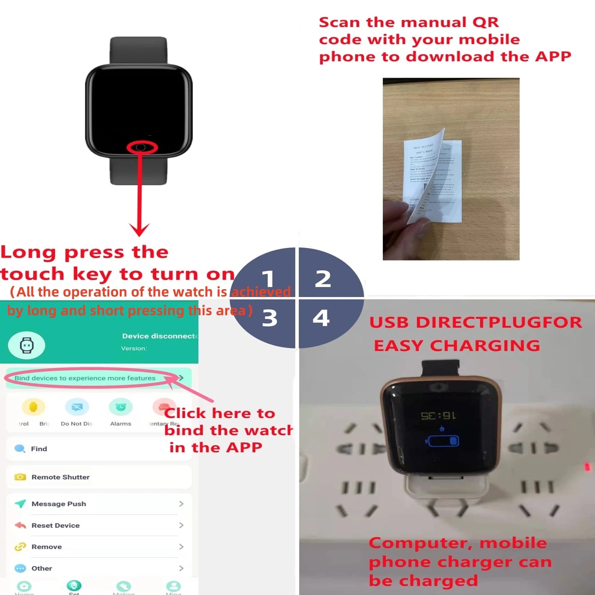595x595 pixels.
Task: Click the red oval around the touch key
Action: (142, 148)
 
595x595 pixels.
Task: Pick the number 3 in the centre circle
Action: (270, 318)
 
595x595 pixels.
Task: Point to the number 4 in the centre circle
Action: (321, 318)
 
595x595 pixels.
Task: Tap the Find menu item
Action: (39, 449)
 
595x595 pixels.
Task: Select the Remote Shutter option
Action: (60, 477)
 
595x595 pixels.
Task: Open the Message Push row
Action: (59, 504)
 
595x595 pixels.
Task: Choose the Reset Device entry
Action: (56, 525)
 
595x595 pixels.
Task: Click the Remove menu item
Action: (46, 547)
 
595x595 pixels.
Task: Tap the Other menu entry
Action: (42, 568)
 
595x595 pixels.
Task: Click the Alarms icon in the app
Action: (121, 407)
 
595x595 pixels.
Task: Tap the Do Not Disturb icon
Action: (77, 407)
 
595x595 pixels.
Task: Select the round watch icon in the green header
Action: (27, 345)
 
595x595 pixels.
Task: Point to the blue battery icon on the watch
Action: (443, 441)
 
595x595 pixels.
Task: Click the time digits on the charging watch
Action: (438, 416)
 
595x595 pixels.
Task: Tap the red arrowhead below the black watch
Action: (139, 229)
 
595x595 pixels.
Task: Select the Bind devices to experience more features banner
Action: (85, 378)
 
